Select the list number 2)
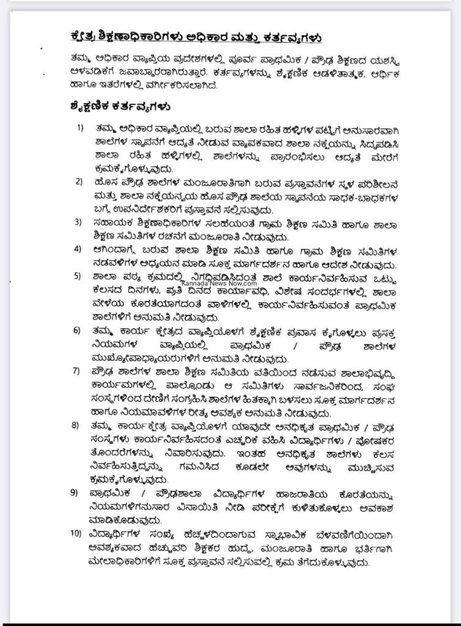click(x=80, y=182)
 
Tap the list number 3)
click(x=80, y=222)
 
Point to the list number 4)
click(x=80, y=249)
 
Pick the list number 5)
click(x=80, y=276)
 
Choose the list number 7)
click(x=80, y=371)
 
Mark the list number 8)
click(x=80, y=425)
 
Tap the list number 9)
click(x=80, y=492)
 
